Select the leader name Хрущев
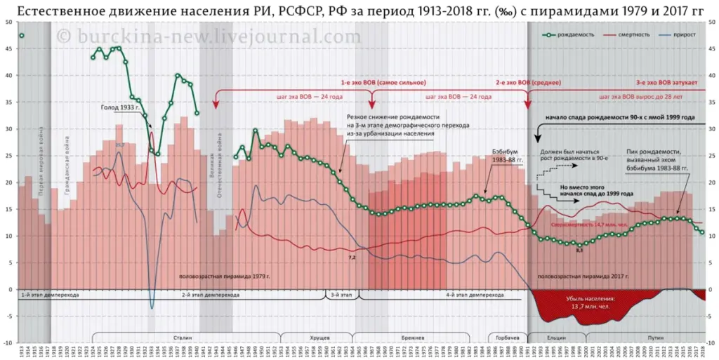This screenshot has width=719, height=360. [319, 338]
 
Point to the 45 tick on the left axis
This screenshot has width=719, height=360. [8, 49]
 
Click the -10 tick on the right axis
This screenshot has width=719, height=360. [711, 343]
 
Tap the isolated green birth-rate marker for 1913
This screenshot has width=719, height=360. [22, 36]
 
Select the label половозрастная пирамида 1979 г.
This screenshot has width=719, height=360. [225, 276]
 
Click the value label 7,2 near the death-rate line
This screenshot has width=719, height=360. [352, 258]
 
